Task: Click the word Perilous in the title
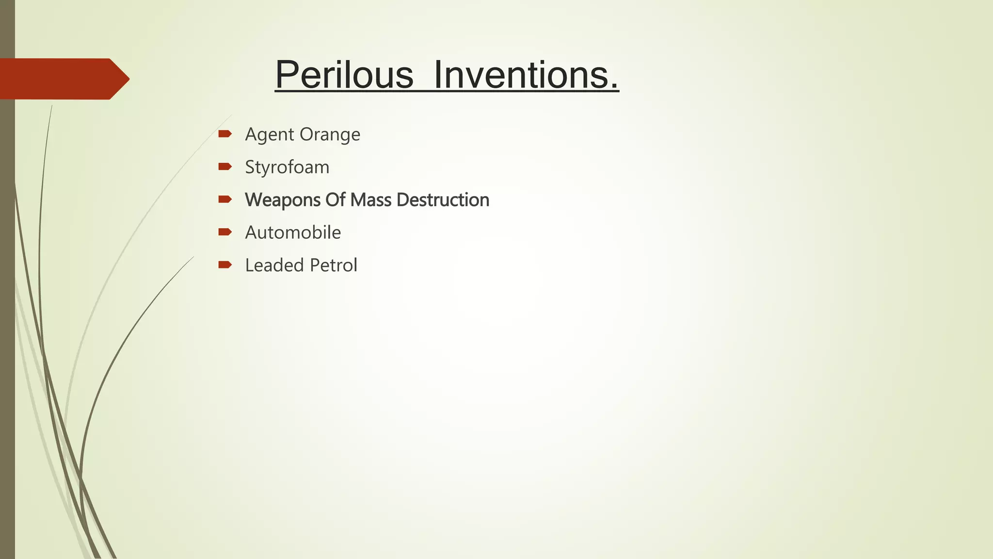coord(344,75)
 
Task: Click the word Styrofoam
coord(287,167)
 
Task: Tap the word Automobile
coord(293,232)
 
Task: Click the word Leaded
coord(274,265)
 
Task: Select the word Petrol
coord(334,265)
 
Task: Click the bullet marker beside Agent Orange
coord(225,134)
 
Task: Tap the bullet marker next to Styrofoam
coord(225,167)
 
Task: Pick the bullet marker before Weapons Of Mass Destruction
coord(225,199)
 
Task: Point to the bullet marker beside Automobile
coord(225,232)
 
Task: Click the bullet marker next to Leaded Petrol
coord(225,264)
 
